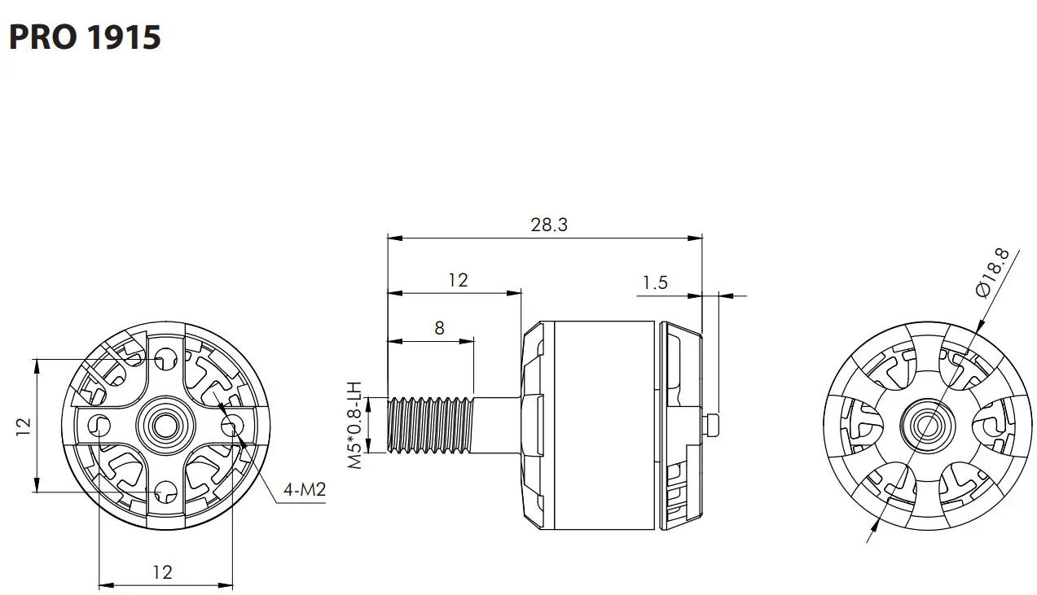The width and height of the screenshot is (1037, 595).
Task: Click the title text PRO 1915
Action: click(x=85, y=37)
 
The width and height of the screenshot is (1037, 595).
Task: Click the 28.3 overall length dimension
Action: click(x=548, y=225)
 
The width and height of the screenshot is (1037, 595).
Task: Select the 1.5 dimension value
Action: click(x=654, y=282)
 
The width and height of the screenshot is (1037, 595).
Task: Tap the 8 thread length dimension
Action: click(x=439, y=327)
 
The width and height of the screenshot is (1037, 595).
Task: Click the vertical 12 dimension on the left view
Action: click(x=24, y=424)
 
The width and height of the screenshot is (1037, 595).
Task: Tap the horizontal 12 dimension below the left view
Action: click(x=162, y=572)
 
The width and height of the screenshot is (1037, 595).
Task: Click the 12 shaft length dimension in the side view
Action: click(x=458, y=280)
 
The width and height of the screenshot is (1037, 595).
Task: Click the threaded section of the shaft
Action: click(x=430, y=424)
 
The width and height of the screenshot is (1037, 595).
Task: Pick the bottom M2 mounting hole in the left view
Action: click(x=166, y=491)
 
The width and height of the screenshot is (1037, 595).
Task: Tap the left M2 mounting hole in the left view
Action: click(x=100, y=424)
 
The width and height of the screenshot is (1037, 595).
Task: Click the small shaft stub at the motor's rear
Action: click(x=710, y=424)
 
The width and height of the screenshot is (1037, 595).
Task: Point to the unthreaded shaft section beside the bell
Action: click(x=497, y=424)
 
